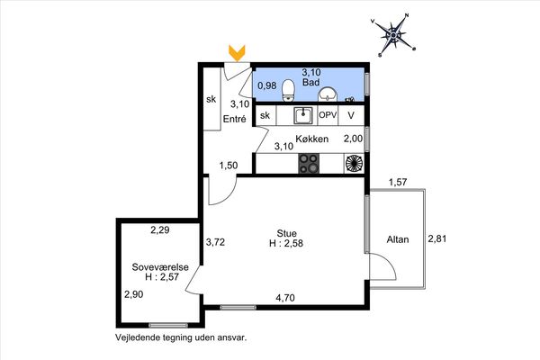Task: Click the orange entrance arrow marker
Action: point(237,53)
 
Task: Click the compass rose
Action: point(393,35)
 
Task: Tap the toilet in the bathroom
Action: point(288,91)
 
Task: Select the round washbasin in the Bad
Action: point(328,94)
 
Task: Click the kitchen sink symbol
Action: point(303,115)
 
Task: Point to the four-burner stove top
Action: point(309,163)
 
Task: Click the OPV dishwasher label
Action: point(328,115)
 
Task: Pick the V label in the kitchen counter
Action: point(351,115)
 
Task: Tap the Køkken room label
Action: point(312,139)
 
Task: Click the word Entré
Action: point(235,119)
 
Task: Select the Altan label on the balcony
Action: point(398,239)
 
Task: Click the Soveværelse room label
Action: point(160,267)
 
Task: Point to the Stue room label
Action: point(286,233)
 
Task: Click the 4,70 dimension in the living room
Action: point(285,298)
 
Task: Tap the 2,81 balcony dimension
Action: point(437,238)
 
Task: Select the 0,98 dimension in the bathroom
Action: point(267,85)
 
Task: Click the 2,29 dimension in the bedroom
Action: point(160,229)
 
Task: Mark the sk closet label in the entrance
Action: point(211,99)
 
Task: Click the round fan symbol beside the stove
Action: point(354,163)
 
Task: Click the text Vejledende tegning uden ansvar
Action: point(181,337)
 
